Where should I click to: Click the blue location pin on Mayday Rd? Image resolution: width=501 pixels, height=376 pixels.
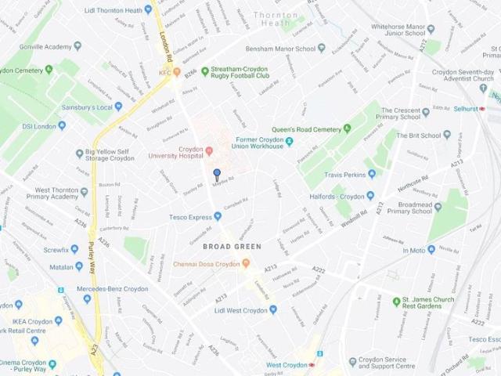click(x=218, y=174)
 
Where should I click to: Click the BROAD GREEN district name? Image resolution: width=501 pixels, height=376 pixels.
click(x=232, y=247)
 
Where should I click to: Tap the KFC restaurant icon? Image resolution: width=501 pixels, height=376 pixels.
click(x=176, y=73)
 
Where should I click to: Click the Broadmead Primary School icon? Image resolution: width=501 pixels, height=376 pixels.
click(x=438, y=208)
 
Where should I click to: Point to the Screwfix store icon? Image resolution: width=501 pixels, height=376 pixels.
click(x=74, y=249)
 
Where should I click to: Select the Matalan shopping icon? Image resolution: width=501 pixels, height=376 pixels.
click(x=78, y=266)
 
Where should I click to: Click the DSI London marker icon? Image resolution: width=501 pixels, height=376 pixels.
click(x=62, y=125)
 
